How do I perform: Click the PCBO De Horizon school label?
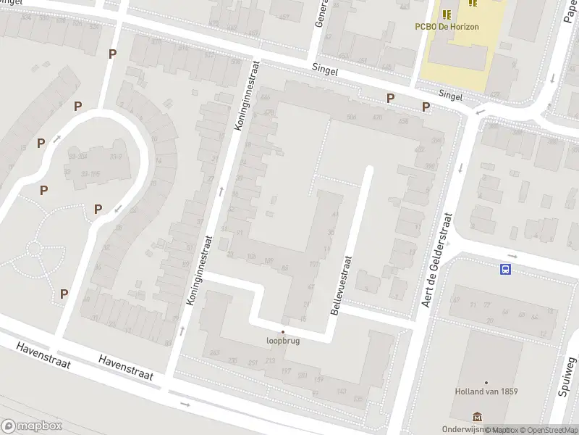coord(447,27)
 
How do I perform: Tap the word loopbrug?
coord(282,340)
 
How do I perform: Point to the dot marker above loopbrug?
coord(282,331)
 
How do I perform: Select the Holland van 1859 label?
coord(486,391)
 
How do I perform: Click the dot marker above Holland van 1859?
coord(486,382)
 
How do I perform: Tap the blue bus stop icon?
coord(504,269)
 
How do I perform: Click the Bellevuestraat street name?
coord(341,285)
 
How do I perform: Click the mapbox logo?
coord(31,426)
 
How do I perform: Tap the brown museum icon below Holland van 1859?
coord(477,417)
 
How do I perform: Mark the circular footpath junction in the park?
coord(34,249)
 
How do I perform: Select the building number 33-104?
coord(78,156)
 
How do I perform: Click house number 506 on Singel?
coord(352,117)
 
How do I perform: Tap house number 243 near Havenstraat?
coord(214,352)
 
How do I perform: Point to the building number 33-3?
coord(114,157)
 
